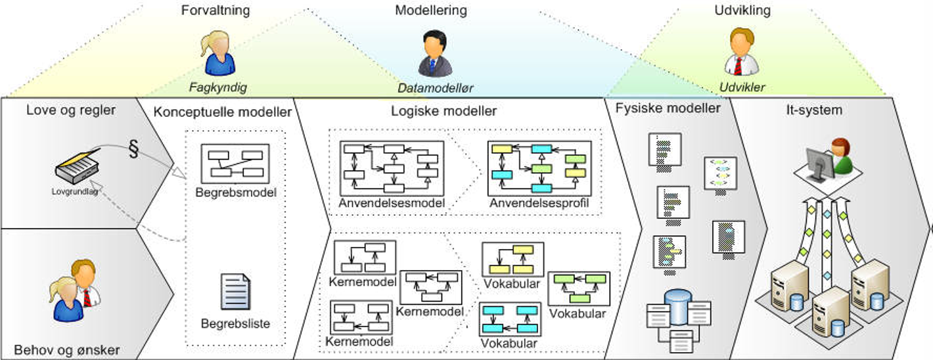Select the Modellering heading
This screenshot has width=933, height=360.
point(430,11)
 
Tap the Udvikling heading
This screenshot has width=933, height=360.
point(742,11)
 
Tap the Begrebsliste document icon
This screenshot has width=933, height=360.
point(235,293)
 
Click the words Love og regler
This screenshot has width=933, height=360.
point(71,110)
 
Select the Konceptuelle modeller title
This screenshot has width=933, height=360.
point(223,112)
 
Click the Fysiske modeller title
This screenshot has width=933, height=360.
point(668,108)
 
